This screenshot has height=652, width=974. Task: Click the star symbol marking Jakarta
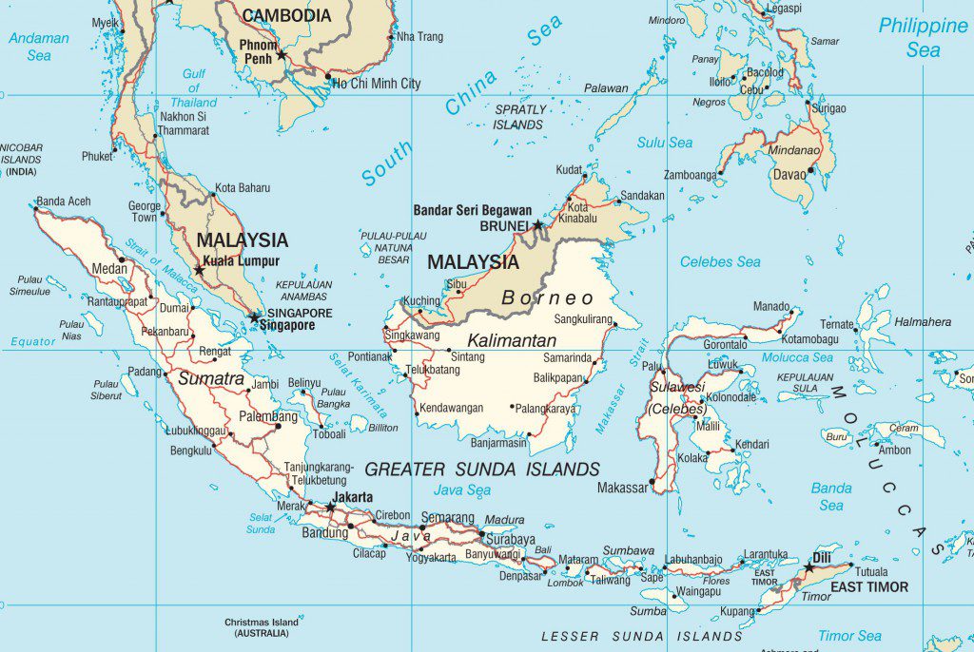point(330,508)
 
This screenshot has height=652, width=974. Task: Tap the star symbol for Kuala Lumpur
point(199,270)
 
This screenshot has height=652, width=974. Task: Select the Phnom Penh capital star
point(281,56)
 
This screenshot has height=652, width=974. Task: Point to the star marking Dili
point(808,567)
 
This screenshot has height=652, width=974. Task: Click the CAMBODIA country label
point(286,16)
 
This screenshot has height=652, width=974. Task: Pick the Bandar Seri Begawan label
point(472,209)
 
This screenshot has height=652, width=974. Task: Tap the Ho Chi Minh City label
point(377,84)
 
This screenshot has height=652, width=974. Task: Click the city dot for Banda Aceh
point(36,208)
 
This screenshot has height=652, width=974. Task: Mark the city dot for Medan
point(122,259)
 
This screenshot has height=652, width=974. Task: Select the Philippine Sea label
point(922,38)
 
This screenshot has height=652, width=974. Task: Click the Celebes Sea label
point(720,261)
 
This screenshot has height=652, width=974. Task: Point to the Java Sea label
point(462,490)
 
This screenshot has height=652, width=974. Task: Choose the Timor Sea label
point(849,636)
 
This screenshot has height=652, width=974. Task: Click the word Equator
point(33,341)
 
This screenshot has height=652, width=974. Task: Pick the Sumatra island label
point(211,378)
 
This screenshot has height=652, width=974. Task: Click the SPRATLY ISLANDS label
point(520,117)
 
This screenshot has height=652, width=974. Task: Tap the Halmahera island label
point(922,322)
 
